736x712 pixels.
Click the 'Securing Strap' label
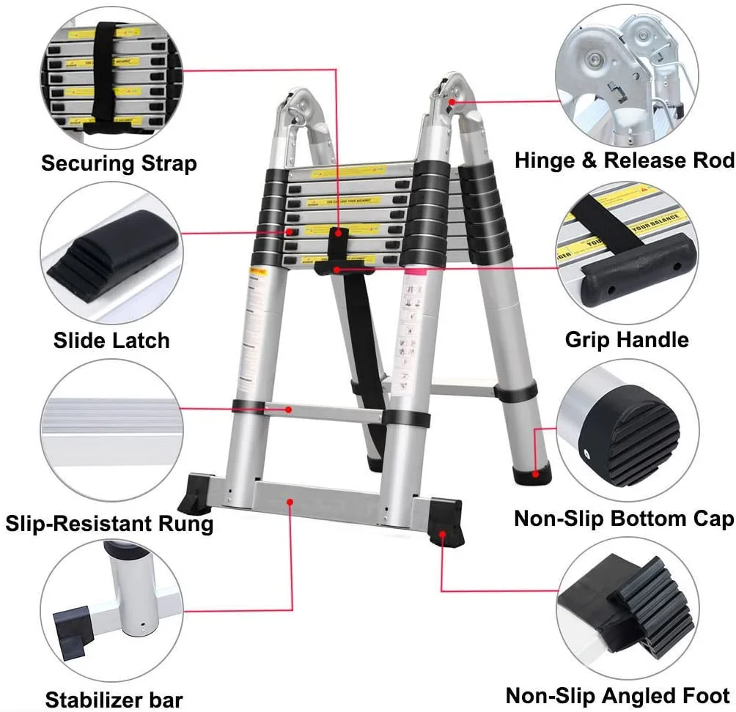coord(119,163)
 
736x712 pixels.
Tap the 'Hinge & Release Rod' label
coord(624,160)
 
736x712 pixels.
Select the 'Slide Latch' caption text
coord(111,340)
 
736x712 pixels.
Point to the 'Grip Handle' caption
coord(627,340)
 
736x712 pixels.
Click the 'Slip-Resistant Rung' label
coord(109,523)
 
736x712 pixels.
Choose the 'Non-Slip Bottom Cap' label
coord(624,519)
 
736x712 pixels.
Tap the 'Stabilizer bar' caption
coord(114,699)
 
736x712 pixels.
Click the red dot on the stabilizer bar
coord(291,502)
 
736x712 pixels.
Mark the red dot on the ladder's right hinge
coord(453,102)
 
